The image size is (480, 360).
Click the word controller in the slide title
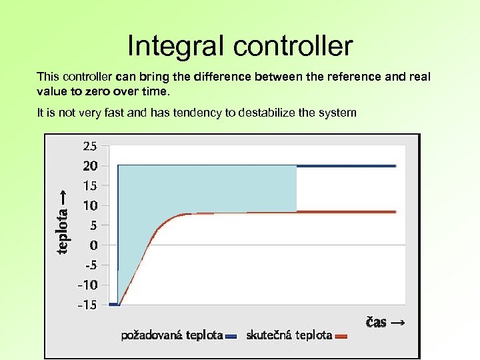[x=293, y=47]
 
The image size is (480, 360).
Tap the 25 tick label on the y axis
[x=90, y=145]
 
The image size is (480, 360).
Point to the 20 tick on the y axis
[x=90, y=165]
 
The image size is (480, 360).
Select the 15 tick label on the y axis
[x=90, y=185]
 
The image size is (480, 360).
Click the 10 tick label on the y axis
[x=90, y=205]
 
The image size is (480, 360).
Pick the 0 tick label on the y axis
[x=94, y=245]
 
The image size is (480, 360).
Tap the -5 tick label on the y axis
[x=90, y=265]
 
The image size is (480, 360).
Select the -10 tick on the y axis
[x=88, y=285]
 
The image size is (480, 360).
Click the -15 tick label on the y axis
[x=88, y=305]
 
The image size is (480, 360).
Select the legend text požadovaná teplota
[x=171, y=335]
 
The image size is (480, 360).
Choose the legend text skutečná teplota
[x=289, y=335]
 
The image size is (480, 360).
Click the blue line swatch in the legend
[x=231, y=337]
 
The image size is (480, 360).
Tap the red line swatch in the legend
[x=341, y=337]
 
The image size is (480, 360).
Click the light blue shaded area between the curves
[x=220, y=187]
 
